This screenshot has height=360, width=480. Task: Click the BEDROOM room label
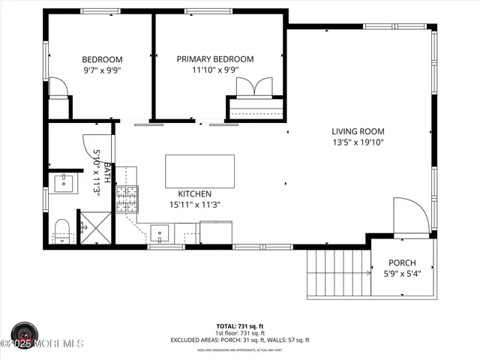102,59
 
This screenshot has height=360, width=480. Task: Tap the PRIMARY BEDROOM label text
215,59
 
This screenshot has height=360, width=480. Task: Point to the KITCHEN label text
194,193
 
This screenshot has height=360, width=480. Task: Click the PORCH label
401,263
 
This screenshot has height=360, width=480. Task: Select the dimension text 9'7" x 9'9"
102,70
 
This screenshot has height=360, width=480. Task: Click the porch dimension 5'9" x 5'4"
401,274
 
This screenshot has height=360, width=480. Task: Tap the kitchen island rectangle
199,171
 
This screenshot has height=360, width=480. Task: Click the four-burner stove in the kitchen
127,199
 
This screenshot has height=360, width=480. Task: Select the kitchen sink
160,233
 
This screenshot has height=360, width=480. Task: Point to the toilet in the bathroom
61,230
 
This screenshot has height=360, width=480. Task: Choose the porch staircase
338,273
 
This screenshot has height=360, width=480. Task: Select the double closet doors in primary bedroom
255,88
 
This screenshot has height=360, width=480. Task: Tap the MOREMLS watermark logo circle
25,335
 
